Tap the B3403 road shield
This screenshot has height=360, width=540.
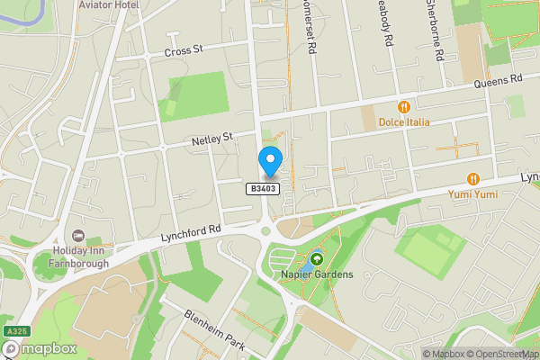click(263, 188)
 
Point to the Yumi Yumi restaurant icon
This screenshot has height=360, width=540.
click(473, 178)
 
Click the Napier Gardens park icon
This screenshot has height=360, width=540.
click(316, 259)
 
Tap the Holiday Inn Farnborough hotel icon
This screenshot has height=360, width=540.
click(78, 235)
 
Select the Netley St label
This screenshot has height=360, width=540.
click(212, 139)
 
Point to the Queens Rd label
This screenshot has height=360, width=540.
click(503, 80)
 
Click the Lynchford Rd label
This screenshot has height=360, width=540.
click(191, 233)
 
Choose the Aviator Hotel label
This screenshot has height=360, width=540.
click(109, 5)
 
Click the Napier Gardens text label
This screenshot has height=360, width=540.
click(315, 274)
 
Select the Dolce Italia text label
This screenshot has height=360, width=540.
click(404, 122)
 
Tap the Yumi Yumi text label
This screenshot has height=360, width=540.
click(473, 193)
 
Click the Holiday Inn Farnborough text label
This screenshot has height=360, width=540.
click(78, 256)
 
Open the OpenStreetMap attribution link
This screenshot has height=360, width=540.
click(503, 354)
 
